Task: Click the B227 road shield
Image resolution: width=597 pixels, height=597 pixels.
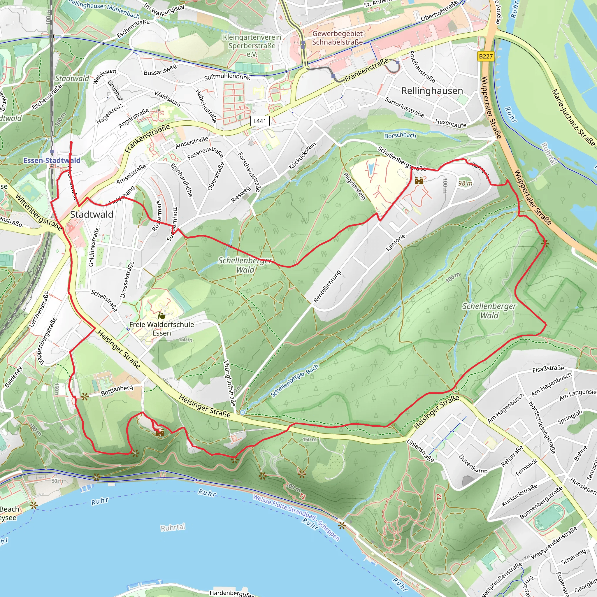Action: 485,56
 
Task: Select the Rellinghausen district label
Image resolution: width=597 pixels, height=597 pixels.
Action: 432,91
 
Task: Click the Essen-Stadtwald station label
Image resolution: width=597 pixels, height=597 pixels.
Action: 52,160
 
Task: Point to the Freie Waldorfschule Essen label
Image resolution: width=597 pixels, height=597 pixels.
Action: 161,329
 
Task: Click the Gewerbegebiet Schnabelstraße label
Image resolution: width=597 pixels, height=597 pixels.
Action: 337,38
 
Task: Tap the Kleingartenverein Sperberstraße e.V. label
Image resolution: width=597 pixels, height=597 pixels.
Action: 252,45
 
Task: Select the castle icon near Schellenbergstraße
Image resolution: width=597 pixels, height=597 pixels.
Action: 419,181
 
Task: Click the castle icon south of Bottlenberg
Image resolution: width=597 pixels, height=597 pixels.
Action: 159,433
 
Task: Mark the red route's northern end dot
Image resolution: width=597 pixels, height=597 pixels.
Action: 71,143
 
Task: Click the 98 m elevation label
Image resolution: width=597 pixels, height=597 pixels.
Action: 465,183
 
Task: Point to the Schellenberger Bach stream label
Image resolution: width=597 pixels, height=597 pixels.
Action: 294,381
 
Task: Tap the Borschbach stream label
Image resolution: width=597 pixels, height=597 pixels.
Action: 400,135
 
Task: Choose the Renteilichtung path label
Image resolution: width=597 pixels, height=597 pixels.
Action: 327,286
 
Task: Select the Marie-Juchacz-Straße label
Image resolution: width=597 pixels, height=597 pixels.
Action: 573,117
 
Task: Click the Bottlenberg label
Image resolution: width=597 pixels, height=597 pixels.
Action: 117,390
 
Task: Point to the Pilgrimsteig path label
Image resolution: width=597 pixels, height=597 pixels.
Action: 354,186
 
